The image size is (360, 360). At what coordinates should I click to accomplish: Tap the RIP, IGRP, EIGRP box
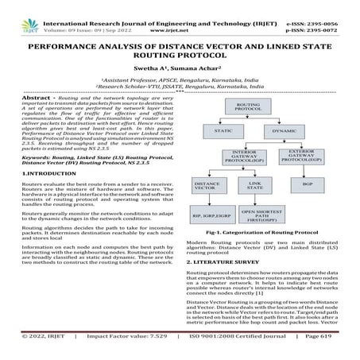point(210,214)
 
